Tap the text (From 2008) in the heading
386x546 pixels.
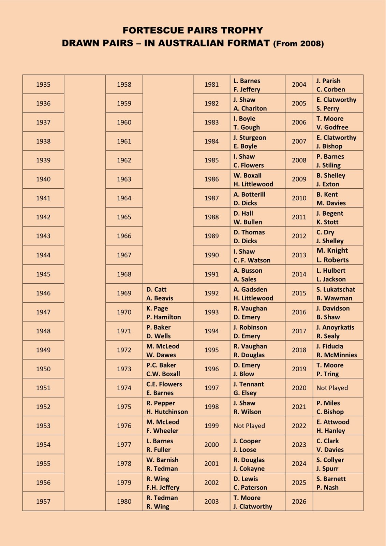(298, 43)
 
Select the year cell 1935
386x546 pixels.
(43, 85)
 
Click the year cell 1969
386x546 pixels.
(124, 293)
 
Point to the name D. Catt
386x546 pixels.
(157, 289)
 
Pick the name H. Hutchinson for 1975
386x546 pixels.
(167, 412)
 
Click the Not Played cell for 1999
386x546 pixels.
(249, 426)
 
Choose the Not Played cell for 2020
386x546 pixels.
(332, 388)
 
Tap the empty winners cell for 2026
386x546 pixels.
(338, 502)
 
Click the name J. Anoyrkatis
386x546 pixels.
(335, 327)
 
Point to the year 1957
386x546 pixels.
(43, 502)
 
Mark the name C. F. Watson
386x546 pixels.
(252, 260)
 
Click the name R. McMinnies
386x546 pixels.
(337, 355)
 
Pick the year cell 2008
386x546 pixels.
(299, 160)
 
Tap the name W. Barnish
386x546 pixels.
(162, 460)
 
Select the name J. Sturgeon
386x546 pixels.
(250, 138)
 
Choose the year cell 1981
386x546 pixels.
(211, 85)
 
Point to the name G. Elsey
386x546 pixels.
(245, 393)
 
